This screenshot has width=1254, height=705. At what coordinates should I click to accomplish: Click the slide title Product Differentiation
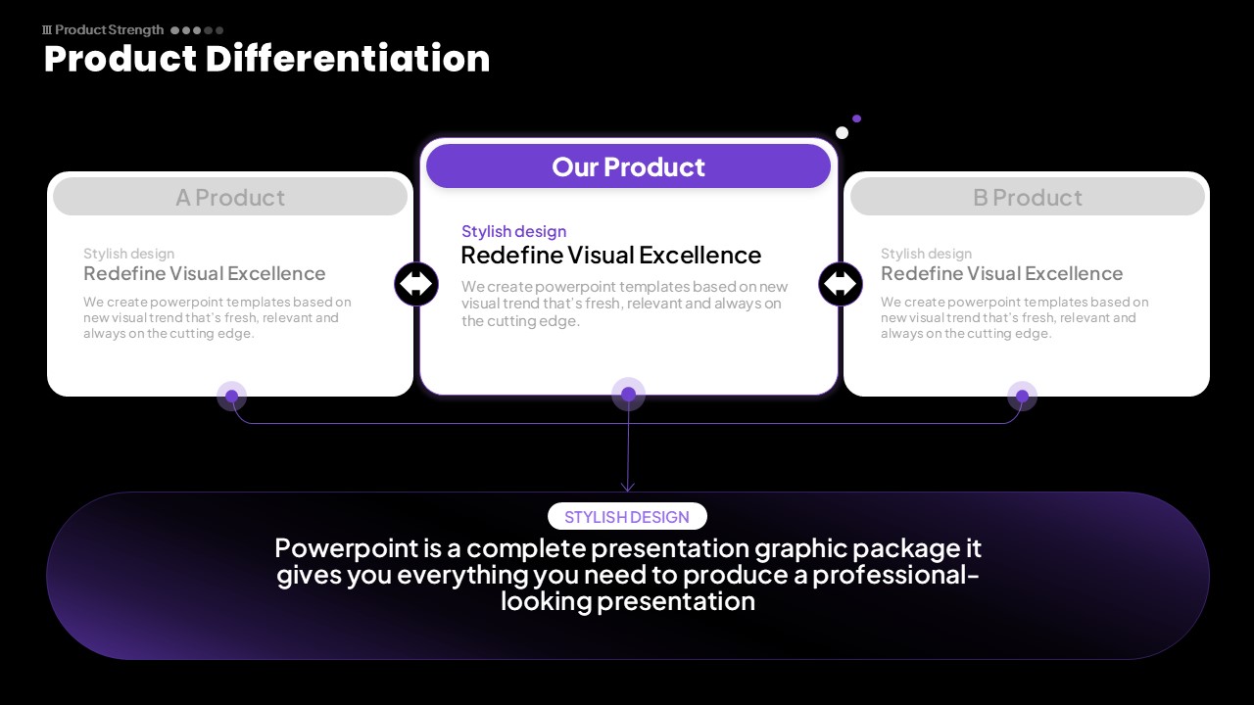pyautogui.click(x=267, y=59)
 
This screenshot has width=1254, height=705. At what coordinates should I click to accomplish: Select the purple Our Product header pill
pyautogui.click(x=628, y=166)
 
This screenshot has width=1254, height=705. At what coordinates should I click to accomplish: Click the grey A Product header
pyautogui.click(x=230, y=197)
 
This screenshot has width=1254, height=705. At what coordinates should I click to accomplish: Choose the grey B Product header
pyautogui.click(x=1028, y=197)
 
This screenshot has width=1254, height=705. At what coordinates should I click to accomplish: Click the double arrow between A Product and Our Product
pyautogui.click(x=416, y=284)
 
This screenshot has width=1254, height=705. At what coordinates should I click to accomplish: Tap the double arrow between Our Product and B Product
pyautogui.click(x=841, y=284)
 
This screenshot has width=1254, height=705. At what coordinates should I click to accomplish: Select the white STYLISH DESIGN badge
pyautogui.click(x=627, y=516)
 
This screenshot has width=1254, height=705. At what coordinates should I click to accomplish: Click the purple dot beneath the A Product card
pyautogui.click(x=232, y=397)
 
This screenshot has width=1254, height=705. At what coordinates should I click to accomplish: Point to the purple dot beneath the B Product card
pyautogui.click(x=1022, y=397)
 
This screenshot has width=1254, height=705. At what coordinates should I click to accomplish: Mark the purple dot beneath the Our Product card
pyautogui.click(x=628, y=394)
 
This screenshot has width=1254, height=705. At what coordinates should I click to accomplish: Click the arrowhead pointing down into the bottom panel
pyautogui.click(x=628, y=488)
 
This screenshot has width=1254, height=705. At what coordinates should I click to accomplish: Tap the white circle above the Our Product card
pyautogui.click(x=842, y=132)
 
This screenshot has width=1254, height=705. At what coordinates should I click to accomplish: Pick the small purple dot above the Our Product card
pyautogui.click(x=856, y=118)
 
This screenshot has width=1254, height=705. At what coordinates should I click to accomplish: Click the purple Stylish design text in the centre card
pyautogui.click(x=514, y=231)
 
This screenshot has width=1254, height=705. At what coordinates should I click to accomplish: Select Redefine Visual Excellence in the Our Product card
pyautogui.click(x=610, y=256)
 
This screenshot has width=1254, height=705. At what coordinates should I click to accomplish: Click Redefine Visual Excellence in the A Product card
pyautogui.click(x=205, y=273)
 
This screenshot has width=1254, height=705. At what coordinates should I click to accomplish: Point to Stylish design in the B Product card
pyautogui.click(x=926, y=254)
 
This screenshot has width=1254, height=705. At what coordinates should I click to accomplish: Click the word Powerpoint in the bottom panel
pyautogui.click(x=347, y=547)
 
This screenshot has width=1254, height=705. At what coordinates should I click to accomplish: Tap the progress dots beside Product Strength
pyautogui.click(x=197, y=30)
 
